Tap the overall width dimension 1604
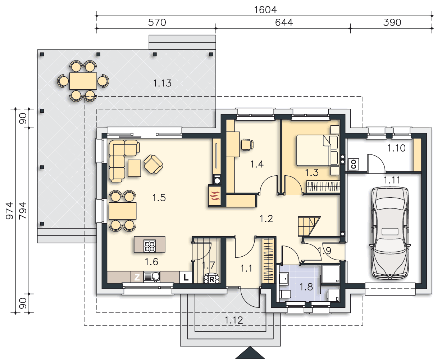265,10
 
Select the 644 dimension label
284,22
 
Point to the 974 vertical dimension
9,211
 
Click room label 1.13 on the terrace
162,83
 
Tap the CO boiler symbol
354,164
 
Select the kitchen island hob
150,246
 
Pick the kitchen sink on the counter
152,277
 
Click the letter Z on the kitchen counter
137,277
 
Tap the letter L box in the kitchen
186,277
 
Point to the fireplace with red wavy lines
215,195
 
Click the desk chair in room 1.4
247,145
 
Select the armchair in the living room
153,164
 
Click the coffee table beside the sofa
134,168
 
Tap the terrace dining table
83,81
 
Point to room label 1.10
396,148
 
